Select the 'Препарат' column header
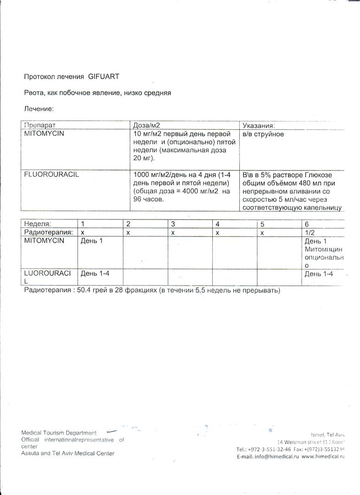tap(40, 125)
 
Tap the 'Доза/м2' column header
tap(146, 125)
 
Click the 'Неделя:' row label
tap(38, 224)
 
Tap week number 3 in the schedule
tap(173, 224)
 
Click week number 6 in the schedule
tap(306, 224)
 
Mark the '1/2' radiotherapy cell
tap(309, 232)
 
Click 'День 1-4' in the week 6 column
tap(318, 274)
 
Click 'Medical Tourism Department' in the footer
tap(59, 433)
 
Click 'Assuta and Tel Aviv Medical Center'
tap(68, 453)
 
